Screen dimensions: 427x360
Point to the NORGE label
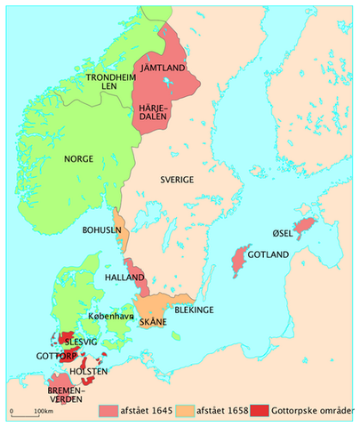(x=78, y=159)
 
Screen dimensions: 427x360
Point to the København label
(x=111, y=316)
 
